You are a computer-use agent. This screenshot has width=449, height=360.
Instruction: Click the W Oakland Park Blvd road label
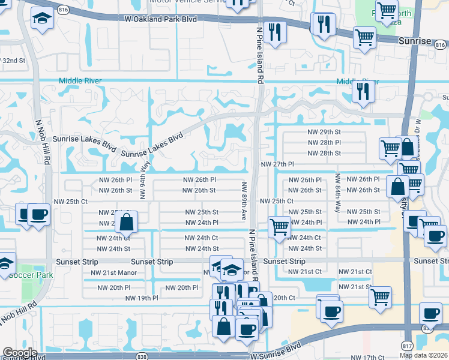click(160, 19)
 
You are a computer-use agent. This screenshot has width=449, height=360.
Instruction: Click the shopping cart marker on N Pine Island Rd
click(279, 227)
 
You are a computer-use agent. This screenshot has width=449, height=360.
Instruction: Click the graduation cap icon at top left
click(41, 20)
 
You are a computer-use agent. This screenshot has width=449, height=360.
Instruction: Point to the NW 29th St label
click(324, 132)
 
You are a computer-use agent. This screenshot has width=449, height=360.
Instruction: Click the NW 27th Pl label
click(277, 164)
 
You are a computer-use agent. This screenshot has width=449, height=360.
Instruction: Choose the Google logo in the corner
click(20, 353)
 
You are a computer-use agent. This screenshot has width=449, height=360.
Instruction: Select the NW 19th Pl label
click(142, 298)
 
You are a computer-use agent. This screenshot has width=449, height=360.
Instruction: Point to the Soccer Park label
click(36, 275)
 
